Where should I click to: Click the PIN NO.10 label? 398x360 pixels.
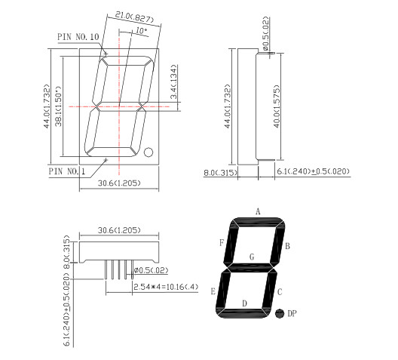[78, 35]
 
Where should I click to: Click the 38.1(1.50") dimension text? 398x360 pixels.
[66, 105]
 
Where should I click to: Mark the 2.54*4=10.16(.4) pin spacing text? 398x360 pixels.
[164, 288]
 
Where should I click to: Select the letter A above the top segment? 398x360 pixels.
[258, 211]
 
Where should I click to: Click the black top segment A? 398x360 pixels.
[258, 222]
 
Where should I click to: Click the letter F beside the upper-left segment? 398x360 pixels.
[222, 243]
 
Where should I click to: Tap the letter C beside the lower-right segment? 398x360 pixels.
[280, 291]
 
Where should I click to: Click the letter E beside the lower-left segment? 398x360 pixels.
[213, 291]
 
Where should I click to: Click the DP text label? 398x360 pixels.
[293, 313]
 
